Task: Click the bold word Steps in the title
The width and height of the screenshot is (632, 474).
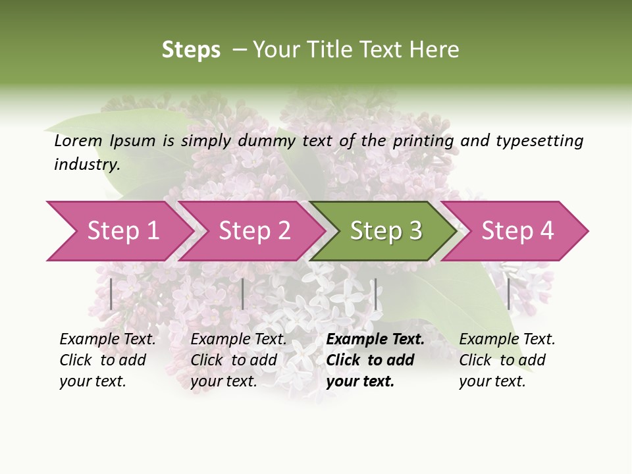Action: pyautogui.click(x=191, y=50)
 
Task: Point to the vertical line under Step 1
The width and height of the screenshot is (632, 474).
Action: pyautogui.click(x=111, y=294)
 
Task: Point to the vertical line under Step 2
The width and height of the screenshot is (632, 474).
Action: pyautogui.click(x=243, y=294)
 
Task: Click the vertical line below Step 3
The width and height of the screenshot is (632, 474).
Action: pyautogui.click(x=375, y=294)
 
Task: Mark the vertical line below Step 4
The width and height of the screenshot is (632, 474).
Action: pyautogui.click(x=508, y=294)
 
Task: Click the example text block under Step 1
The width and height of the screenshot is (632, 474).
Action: pyautogui.click(x=107, y=360)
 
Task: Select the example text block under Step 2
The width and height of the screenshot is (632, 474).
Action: pyautogui.click(x=238, y=360)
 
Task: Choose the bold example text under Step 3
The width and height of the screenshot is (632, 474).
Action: pyautogui.click(x=375, y=360)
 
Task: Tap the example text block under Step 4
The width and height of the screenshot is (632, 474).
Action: pyautogui.click(x=506, y=360)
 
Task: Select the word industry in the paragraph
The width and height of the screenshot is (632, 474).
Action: pyautogui.click(x=86, y=164)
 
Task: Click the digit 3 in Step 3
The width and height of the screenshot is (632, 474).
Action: pyautogui.click(x=415, y=231)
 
